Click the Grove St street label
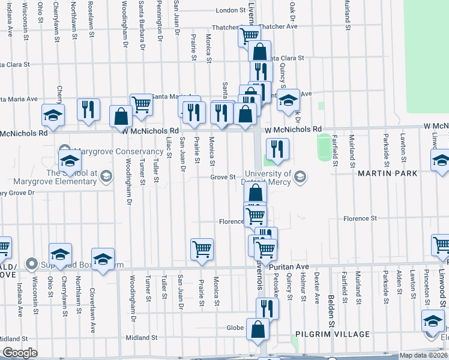coord(223,177)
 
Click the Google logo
coord(19,353)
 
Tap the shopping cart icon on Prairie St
coord(202,249)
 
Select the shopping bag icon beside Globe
coord(258,329)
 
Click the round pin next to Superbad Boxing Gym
coord(32,264)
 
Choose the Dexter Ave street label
coord(316,288)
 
